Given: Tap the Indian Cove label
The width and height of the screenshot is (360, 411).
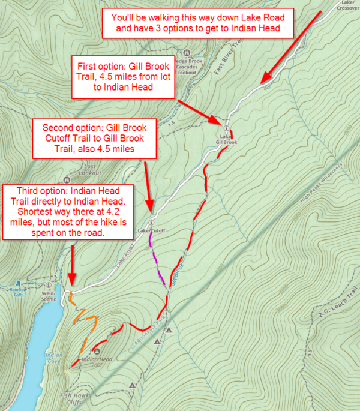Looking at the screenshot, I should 54,358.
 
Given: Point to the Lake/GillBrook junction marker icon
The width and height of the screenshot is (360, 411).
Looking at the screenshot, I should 226,128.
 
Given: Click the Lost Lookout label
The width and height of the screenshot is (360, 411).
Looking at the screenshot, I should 90,169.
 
